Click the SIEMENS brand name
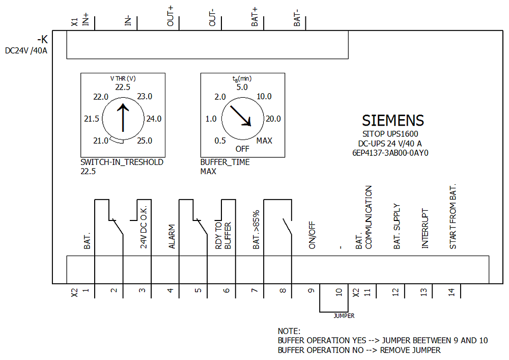393,121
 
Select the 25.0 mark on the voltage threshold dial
145,141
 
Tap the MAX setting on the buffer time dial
264,141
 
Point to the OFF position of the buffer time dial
242,149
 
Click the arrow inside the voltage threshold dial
123,118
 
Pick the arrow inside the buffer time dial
241,116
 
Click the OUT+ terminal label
171,16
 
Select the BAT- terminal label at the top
297,18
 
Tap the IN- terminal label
128,20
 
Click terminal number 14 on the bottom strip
451,292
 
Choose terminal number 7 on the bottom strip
254,291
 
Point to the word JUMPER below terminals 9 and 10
344,316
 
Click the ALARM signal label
172,237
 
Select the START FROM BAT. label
453,216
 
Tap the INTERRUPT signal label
425,229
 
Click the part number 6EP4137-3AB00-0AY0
390,153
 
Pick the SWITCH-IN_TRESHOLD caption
122,162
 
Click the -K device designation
43,40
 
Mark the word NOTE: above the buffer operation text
289,331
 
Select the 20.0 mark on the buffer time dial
273,119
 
